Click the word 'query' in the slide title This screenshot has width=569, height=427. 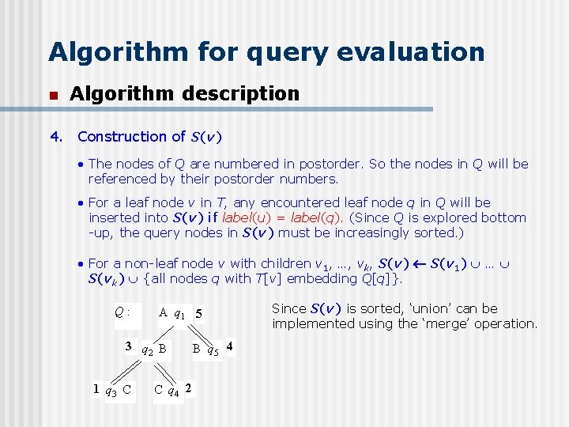coord(263,52)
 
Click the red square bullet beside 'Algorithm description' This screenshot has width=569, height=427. coord(53,95)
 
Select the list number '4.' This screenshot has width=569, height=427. coord(56,137)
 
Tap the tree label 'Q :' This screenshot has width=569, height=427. coord(122,312)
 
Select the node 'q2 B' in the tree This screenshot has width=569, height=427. coord(153,348)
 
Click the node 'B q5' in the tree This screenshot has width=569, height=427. coord(205,348)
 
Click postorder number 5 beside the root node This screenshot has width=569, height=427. coord(199,314)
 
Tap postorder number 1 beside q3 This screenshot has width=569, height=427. coord(96,388)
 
